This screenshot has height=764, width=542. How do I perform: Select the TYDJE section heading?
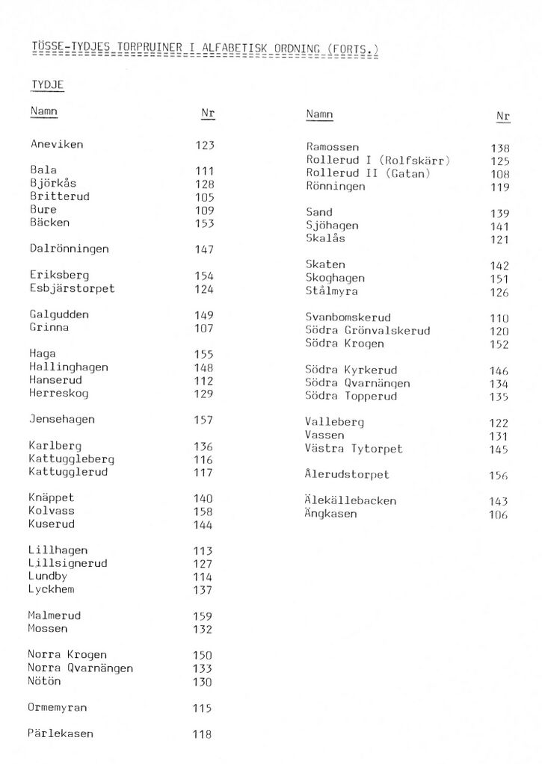47,85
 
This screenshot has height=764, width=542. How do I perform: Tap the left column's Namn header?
43,112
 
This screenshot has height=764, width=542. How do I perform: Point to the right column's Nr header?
502,117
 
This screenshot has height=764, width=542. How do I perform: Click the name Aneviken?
57,144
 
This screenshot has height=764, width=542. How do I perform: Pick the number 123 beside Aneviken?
204,145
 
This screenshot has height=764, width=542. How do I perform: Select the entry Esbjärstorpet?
72,288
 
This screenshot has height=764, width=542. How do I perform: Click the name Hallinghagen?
68,367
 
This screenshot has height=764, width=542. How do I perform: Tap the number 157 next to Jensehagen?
203,420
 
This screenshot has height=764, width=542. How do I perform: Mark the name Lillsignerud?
67,563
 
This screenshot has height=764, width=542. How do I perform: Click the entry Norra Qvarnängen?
80,668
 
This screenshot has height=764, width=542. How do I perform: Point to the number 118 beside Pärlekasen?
202,734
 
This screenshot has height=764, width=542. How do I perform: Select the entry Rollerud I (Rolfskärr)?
378,161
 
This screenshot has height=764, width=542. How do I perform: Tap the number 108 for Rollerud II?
499,175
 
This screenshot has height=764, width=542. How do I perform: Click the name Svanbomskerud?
348,317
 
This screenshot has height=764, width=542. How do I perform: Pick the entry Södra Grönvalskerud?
367,331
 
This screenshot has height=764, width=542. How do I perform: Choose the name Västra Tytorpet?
353,449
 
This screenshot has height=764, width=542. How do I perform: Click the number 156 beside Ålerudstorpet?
498,476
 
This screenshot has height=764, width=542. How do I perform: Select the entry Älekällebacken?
350,500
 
